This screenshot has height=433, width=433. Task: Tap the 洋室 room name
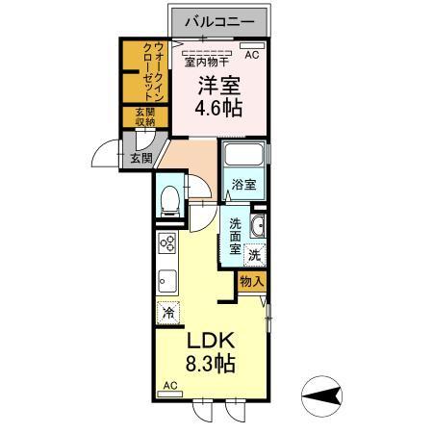[217, 85]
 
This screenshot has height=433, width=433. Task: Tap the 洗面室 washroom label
[235, 236]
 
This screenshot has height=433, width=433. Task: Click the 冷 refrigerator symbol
[167, 312]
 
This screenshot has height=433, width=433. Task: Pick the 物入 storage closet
[251, 281]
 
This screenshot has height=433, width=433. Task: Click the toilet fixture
[170, 199]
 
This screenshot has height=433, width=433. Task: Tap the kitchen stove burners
[166, 242]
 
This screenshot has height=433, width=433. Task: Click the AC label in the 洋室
[252, 56]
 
